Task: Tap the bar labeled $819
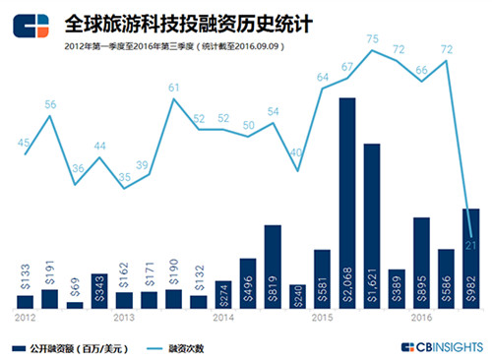pos(273,267)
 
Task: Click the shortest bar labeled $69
pos(75,305)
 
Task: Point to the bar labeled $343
pos(99,291)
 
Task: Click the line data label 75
pos(373,39)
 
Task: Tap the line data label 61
pos(173,88)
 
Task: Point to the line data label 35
pos(124,177)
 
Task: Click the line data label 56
pos(50,104)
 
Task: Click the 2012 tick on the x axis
pos(26,318)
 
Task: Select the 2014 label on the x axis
pos(222,318)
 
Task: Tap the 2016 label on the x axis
pos(421,318)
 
